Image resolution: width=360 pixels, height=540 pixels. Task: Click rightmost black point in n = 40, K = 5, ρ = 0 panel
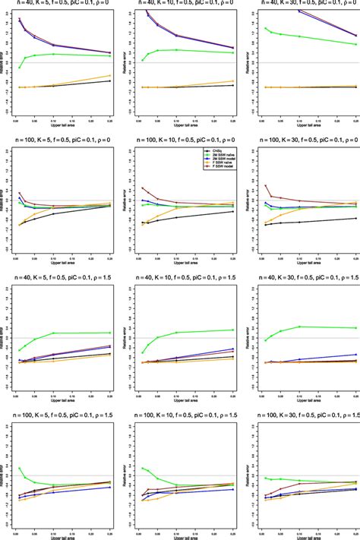111,81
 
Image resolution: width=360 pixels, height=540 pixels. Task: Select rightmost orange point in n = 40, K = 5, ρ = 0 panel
111,74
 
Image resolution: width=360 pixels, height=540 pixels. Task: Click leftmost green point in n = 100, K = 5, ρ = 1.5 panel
19,468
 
